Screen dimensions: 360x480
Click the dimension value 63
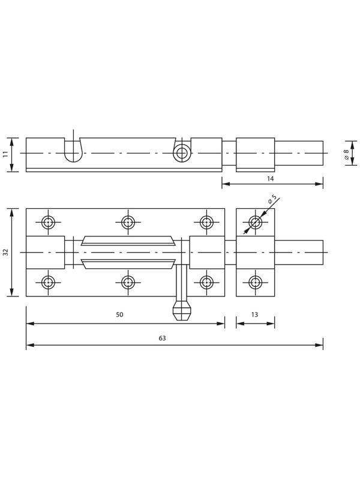(162, 338)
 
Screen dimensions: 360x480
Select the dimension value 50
(119, 314)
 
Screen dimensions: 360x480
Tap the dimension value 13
(254, 314)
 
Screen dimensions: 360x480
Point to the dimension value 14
(271, 178)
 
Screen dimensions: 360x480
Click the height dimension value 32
(5, 252)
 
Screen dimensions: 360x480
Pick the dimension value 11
(5, 154)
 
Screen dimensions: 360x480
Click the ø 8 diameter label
(346, 154)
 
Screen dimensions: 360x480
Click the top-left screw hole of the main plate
(49, 222)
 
